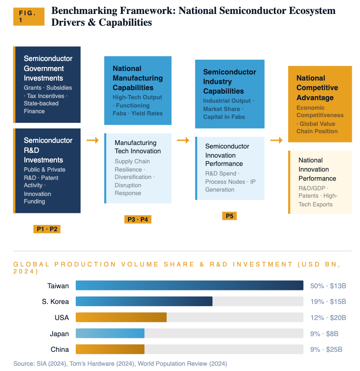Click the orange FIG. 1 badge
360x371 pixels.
[28, 17]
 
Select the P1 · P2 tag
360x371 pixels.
[47, 229]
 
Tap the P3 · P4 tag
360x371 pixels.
[138, 219]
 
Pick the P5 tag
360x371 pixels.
[229, 216]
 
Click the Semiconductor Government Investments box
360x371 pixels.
[47, 84]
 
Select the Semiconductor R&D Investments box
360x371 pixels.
[47, 170]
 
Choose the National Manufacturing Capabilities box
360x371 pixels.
[138, 91]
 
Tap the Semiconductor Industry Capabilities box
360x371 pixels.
[229, 94]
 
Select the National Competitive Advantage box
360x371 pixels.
[320, 104]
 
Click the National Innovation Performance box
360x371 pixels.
[320, 182]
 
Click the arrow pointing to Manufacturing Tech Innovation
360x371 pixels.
[93, 140]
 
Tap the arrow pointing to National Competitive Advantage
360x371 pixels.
[276, 140]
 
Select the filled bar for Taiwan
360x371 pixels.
[189, 286]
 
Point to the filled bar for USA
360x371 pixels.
[121, 317]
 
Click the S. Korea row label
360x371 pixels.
[55, 302]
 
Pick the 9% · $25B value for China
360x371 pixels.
[326, 349]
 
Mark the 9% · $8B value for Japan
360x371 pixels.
[324, 334]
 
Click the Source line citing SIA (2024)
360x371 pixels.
[120, 364]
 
